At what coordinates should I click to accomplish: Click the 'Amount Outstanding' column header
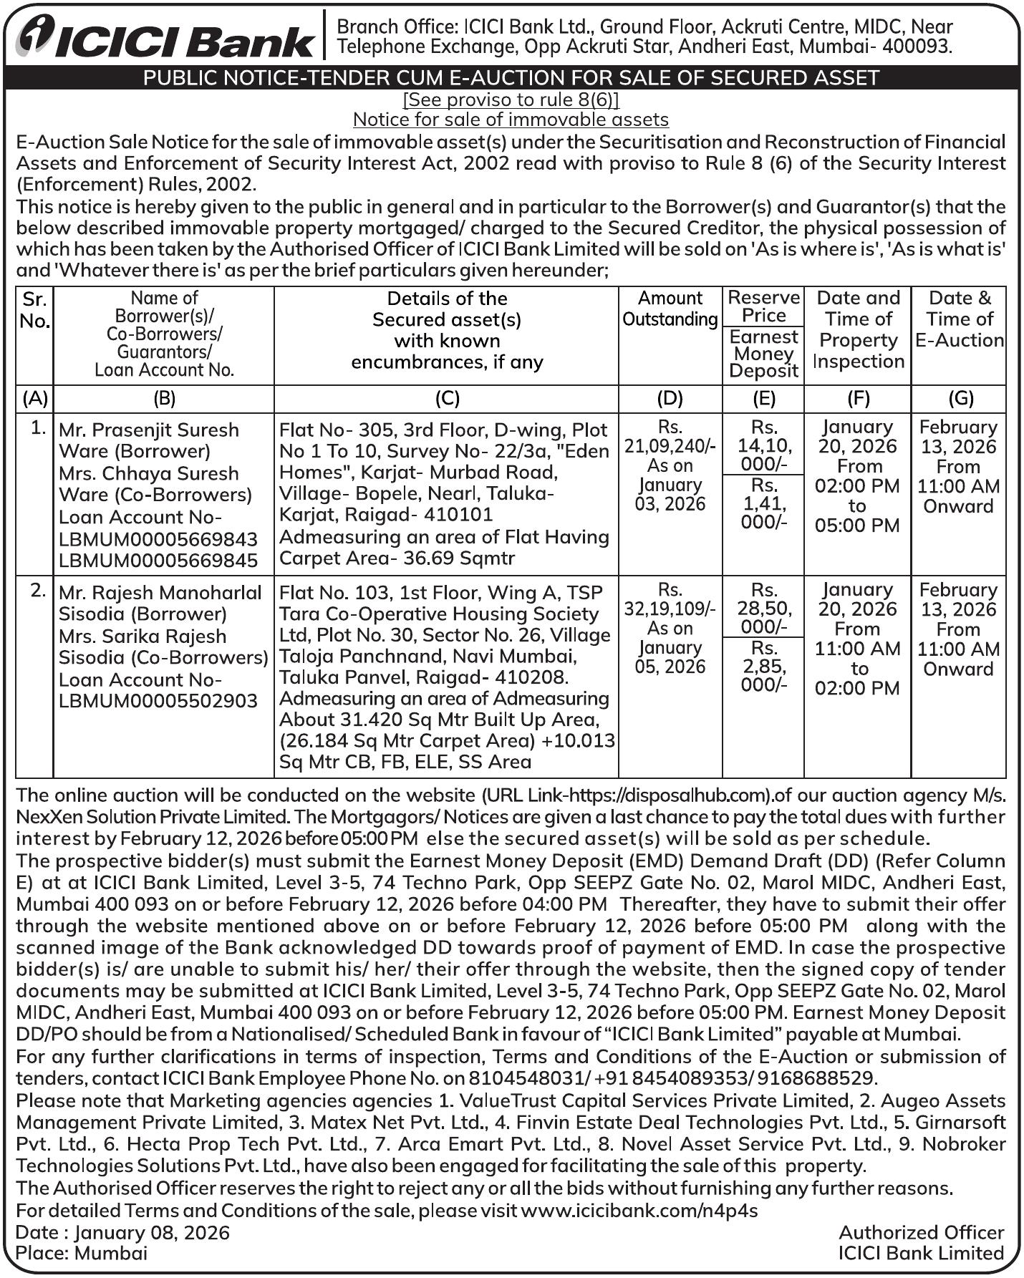pos(670,309)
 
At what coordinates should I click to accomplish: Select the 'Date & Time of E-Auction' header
pos(960,319)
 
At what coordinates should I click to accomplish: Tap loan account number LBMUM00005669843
pos(158,539)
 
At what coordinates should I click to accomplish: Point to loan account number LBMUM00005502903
pos(158,700)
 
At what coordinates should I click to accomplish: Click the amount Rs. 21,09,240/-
pos(670,446)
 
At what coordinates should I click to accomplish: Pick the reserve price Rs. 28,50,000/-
pos(764,609)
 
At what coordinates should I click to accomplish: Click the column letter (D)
pos(670,398)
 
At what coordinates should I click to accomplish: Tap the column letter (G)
pos(960,398)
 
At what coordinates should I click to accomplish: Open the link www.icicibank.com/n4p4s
pos(639,1210)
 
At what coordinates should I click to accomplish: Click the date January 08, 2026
pos(152,1232)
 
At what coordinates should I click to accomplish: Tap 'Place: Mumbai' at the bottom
pos(82,1253)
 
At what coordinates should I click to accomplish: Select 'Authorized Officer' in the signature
pos(921,1232)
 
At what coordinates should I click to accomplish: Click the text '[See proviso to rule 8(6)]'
pos(511,99)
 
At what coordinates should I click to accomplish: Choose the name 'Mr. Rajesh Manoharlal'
pos(160,593)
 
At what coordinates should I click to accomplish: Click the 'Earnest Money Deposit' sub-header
pos(764,354)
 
